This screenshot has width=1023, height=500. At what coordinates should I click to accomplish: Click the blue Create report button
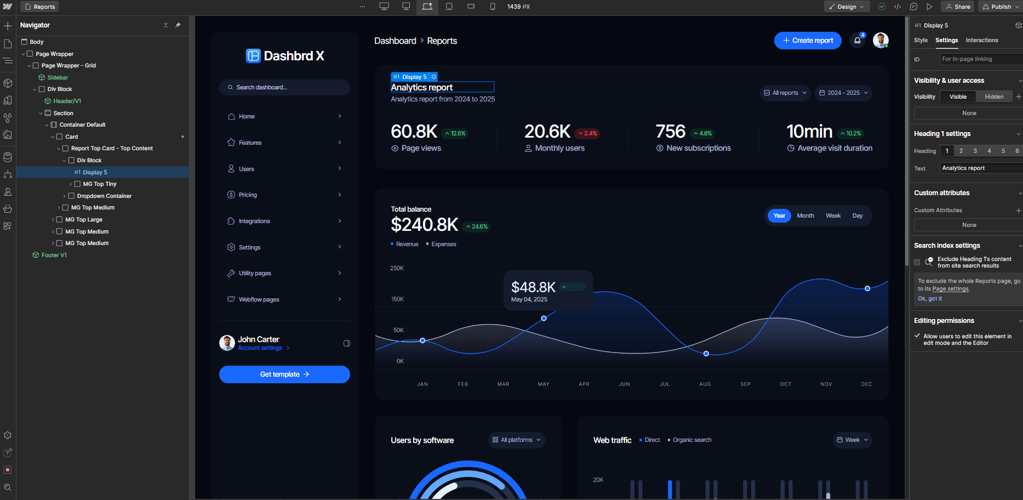pos(808,41)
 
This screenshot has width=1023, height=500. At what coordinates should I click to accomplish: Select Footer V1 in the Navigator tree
pos(54,255)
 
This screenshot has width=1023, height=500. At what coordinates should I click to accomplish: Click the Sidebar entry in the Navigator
pos(58,77)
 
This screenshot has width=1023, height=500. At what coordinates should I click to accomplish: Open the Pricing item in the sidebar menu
pos(248,195)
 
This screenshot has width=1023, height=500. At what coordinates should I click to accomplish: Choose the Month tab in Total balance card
pos(805,215)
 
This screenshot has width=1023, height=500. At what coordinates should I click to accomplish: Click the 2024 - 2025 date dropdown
pos(843,93)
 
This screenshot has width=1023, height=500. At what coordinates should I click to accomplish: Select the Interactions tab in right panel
pos(981,40)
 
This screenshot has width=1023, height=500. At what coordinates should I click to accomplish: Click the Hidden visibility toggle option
pos(994,96)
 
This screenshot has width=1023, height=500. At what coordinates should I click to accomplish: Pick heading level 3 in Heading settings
pos(975,151)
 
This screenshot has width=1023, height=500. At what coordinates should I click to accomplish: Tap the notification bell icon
pos(857,41)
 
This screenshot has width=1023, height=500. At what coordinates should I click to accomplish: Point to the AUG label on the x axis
pos(705,384)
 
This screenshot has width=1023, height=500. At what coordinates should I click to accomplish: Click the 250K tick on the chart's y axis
pos(397,268)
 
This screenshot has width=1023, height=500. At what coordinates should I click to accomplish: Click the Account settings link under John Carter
pos(260,348)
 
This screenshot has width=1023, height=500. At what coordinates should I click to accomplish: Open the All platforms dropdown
pos(516,440)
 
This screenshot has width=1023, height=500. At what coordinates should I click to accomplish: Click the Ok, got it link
pos(930,299)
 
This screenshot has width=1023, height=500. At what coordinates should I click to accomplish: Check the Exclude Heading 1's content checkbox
pos(917,262)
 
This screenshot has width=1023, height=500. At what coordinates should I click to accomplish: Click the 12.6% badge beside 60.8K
pos(455,133)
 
